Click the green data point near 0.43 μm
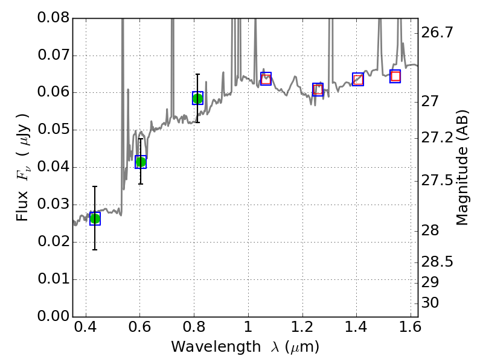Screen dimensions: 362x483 click(95, 218)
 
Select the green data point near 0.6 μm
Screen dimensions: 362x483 click(141, 162)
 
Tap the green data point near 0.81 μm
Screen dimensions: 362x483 click(197, 98)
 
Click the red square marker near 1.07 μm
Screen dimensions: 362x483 click(266, 78)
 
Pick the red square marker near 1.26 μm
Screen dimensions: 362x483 click(318, 89)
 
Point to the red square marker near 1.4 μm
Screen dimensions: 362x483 click(358, 79)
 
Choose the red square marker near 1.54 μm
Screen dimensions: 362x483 click(395, 76)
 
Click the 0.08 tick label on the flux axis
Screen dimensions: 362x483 click(54, 18)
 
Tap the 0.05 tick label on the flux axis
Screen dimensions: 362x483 click(54, 130)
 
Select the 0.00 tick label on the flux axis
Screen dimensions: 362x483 click(54, 316)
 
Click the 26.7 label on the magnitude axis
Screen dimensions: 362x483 click(437, 33)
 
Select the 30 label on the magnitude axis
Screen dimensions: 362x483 click(432, 303)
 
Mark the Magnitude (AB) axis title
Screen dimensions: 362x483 click(462, 167)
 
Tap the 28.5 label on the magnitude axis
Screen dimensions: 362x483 click(437, 262)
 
